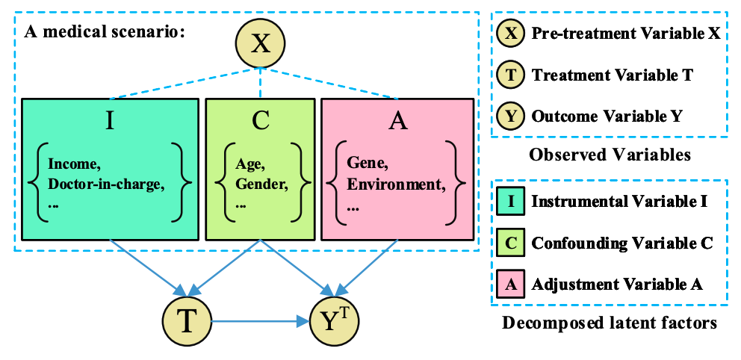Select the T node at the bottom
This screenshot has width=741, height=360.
pos(187,322)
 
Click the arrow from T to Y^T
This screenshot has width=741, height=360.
pos(260,322)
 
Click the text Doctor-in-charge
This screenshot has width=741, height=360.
pos(107,185)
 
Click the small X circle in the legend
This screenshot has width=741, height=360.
pos(510,34)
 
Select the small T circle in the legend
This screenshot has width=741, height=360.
pos(510,75)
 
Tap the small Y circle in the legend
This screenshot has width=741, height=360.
pos(510,117)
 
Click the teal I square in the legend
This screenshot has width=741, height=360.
pos(510,201)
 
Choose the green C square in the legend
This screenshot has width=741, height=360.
pos(510,243)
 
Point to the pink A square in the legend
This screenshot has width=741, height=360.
pos(510,285)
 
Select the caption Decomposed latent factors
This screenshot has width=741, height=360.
pos(610,323)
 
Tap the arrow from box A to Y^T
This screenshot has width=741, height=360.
pos(368,267)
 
